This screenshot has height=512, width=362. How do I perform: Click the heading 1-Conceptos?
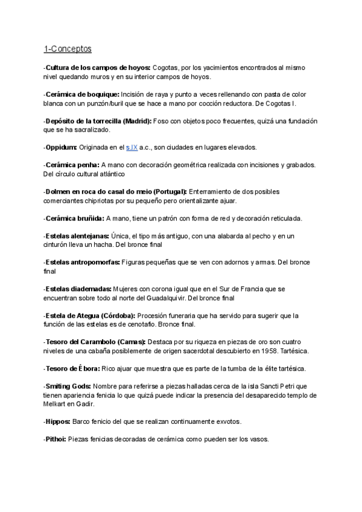(68, 48)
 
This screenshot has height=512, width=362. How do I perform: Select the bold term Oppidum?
(63, 147)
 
